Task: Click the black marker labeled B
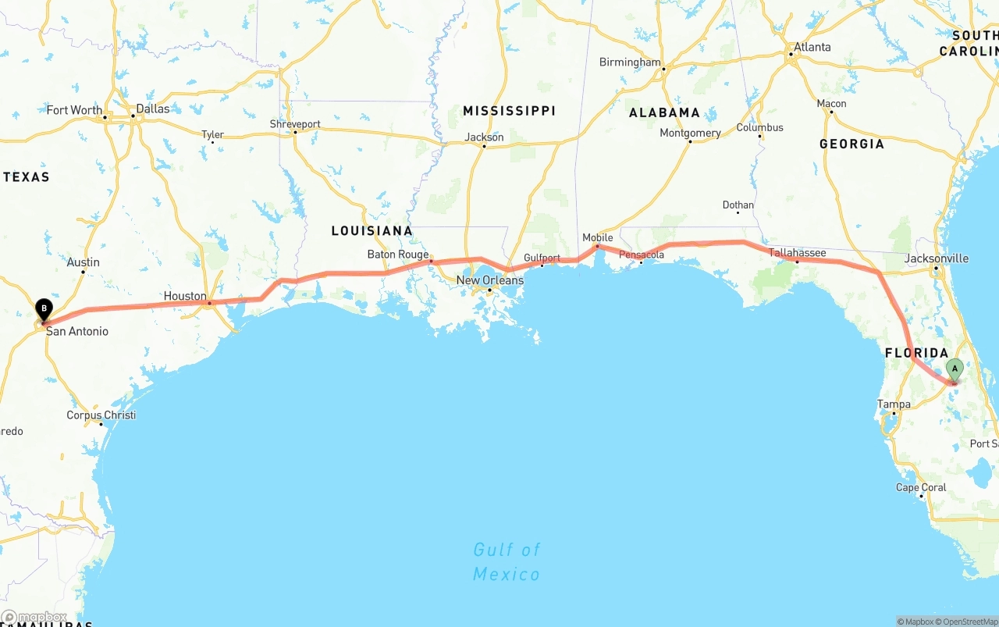[44, 309]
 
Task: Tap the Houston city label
[185, 297]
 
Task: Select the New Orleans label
[490, 280]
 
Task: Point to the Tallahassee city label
[797, 253]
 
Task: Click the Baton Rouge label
[398, 255]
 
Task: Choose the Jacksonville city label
[937, 258]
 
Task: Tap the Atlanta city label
[812, 47]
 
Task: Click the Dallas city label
[153, 109]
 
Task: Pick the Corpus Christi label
[101, 415]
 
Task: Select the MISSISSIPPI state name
[509, 111]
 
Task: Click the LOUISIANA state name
[372, 230]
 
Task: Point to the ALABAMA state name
[664, 112]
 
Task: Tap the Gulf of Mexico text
[507, 562]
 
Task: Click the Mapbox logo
[34, 618]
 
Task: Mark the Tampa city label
[894, 404]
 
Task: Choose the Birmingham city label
[630, 62]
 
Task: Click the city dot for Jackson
[483, 147]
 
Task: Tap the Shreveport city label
[295, 124]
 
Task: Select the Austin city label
[83, 262]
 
